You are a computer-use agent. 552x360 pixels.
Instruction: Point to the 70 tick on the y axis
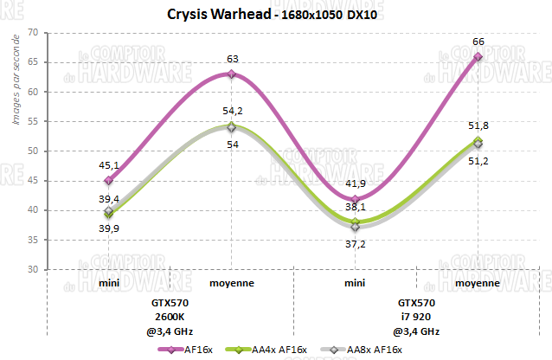pos(32,33)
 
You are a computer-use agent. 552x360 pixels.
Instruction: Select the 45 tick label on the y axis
pos(32,181)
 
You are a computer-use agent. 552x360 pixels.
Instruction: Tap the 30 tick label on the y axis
pos(32,269)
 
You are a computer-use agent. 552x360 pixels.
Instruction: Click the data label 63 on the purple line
pos(231,59)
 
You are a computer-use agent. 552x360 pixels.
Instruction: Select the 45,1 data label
pos(108,166)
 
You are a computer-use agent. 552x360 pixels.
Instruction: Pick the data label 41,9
pos(355,184)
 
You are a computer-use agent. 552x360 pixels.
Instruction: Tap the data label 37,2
pos(355,245)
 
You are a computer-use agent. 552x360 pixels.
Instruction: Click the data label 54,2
pos(231,111)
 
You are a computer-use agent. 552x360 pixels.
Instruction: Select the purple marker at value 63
pos(231,74)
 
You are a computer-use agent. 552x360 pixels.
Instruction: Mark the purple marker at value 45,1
pos(108,181)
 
